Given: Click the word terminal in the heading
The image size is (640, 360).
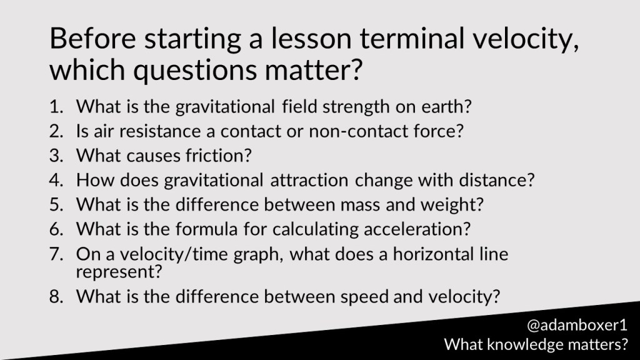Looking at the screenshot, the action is (x=412, y=38).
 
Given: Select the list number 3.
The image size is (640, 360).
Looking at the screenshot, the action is (x=56, y=156).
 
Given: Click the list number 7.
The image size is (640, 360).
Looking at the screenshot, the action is (x=56, y=254).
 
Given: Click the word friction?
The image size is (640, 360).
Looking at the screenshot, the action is (x=219, y=156).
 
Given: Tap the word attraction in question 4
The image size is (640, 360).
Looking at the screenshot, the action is (x=309, y=181).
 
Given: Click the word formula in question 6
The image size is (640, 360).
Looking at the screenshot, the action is (x=206, y=229).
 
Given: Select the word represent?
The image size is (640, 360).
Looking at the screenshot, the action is (x=119, y=272).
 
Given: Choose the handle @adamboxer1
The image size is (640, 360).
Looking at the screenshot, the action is (x=577, y=325).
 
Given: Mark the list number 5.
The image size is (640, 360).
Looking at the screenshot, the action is (x=56, y=204).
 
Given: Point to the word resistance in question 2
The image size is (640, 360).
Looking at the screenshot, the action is (x=159, y=131).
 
